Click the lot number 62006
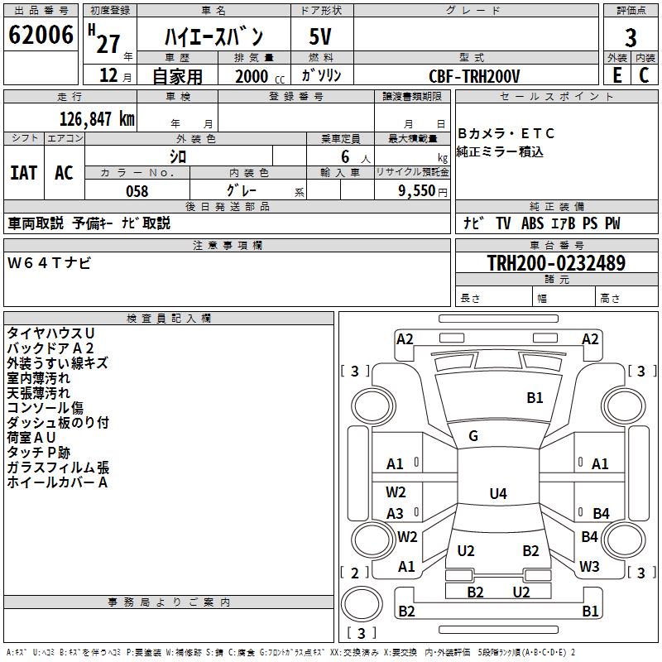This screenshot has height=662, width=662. point(41,36)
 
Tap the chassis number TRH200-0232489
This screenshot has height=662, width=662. point(556,263)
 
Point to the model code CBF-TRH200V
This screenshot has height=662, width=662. point(474,75)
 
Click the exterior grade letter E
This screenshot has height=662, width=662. point(616,75)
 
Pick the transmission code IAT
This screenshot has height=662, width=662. point(23,173)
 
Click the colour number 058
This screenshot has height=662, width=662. point(137,191)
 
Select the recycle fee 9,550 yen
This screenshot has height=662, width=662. point(423,191)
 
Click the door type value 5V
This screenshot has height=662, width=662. point(322,37)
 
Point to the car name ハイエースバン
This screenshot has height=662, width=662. point(213,37)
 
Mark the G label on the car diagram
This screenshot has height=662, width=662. point(473,436)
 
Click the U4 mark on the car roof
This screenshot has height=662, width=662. point(497,494)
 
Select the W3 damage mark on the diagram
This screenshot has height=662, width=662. point(589,567)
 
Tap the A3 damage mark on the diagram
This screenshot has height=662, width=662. point(396,514)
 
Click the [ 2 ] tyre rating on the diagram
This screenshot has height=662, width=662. point(355,573)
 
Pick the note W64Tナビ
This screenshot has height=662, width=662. point(50,263)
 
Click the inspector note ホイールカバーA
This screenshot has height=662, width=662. point(57,482)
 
